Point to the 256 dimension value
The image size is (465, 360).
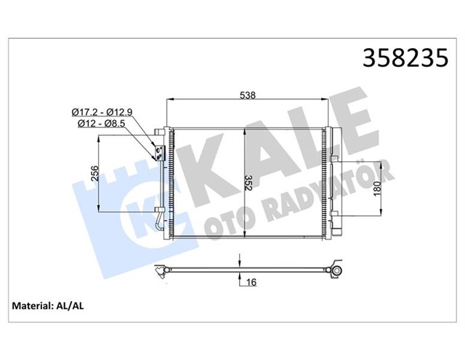[93, 175]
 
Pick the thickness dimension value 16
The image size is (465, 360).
[251, 282]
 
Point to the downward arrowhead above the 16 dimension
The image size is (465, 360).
[239, 265]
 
